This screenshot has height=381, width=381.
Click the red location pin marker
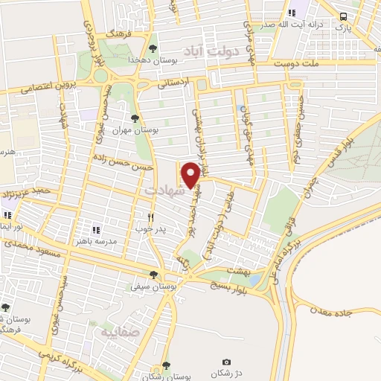point(190,174)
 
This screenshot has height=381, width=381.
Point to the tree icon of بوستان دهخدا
point(153,47)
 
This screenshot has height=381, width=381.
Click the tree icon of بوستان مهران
point(135,118)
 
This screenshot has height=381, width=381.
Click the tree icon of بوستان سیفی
point(154,274)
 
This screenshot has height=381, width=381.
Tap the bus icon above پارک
point(343,16)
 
